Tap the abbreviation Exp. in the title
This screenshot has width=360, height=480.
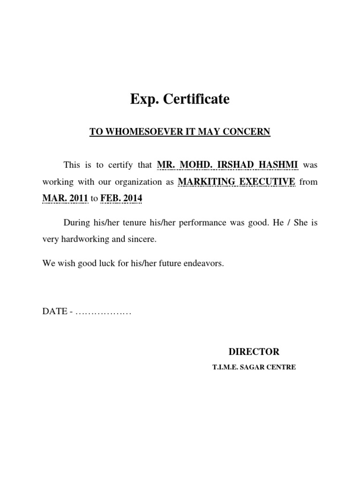point(144,99)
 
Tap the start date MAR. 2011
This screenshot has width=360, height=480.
point(65,199)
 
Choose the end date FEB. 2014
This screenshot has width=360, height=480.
point(121,199)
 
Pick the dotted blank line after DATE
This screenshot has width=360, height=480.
point(102,312)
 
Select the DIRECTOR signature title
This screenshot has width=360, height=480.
point(254,352)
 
